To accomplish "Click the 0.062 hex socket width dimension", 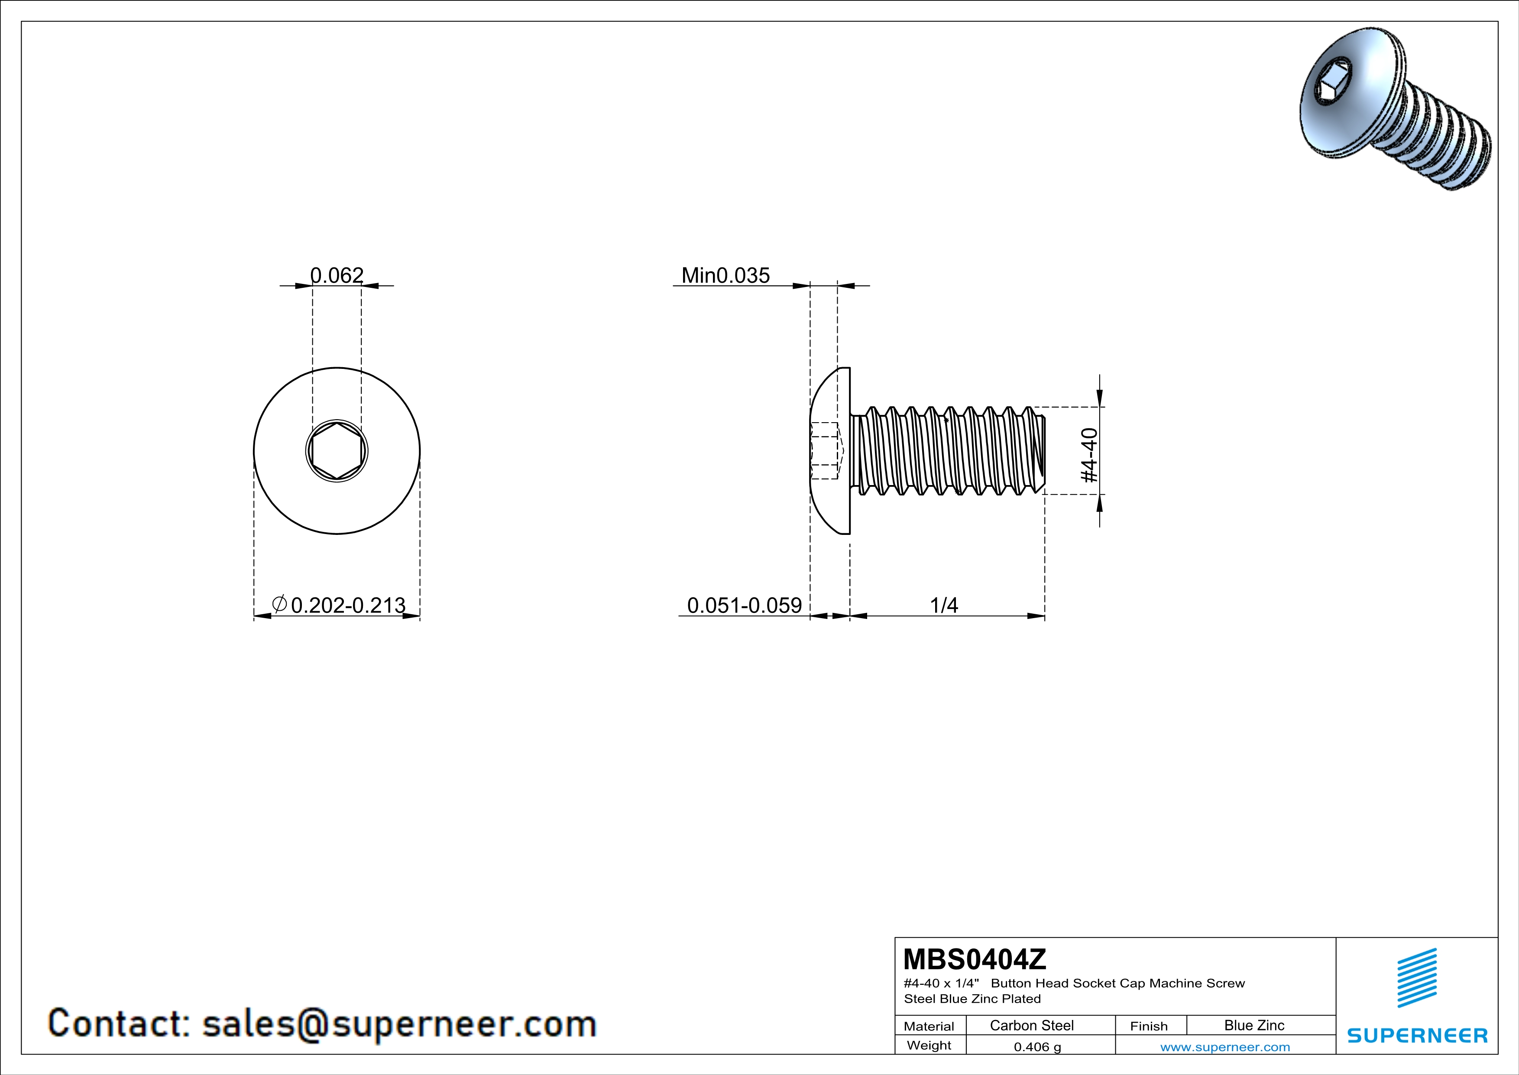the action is point(337,275).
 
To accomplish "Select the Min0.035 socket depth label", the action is point(726,275).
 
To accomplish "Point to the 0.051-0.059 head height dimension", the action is point(744,605).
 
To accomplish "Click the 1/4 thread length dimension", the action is point(944,605).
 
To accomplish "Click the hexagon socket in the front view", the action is point(337,451).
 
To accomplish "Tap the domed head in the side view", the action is point(829,451).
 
